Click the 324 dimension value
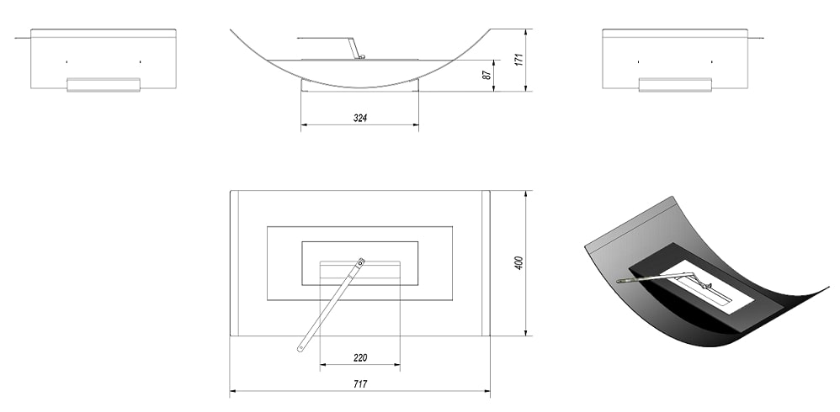(360, 119)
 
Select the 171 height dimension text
(518, 59)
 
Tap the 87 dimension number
(487, 75)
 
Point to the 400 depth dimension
(518, 262)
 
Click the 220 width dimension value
(360, 358)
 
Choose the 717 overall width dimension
(360, 383)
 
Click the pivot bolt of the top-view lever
(361, 262)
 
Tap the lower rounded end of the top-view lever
(300, 349)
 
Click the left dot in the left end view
(67, 62)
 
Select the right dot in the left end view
(140, 62)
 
